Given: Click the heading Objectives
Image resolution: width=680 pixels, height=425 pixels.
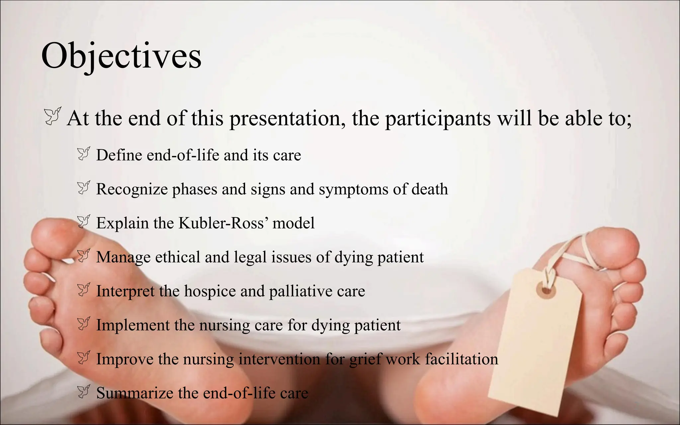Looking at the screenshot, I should (121, 56).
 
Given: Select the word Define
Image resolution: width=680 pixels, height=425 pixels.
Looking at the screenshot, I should (119, 155).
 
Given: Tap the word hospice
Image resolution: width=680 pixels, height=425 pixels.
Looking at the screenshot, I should (210, 291).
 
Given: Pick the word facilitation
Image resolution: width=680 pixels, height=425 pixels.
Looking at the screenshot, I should (462, 359).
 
